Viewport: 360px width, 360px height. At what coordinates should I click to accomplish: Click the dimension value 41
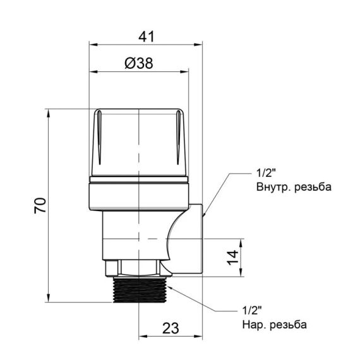tap(146, 37)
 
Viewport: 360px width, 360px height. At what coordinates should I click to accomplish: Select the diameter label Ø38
tap(138, 63)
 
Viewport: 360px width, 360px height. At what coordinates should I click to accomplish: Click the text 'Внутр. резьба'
tap(293, 188)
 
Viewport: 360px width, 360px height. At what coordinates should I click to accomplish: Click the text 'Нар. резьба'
tap(273, 325)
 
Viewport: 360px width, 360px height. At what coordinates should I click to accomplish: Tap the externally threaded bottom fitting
tap(138, 290)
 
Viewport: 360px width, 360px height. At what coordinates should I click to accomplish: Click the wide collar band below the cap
tap(139, 196)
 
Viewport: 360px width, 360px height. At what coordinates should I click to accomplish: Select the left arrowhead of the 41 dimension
tap(92, 45)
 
